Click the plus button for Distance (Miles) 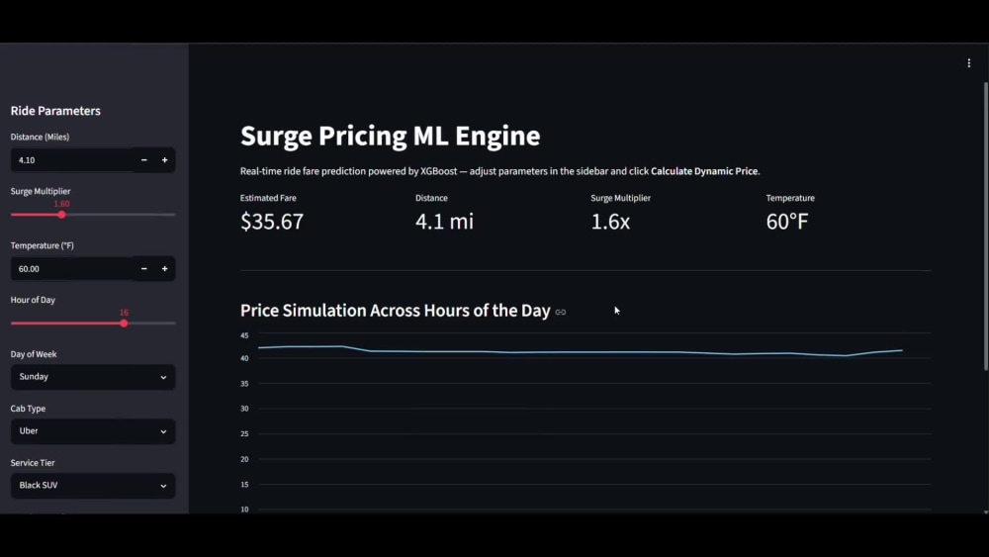coord(164,160)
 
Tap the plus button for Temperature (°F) coord(164,269)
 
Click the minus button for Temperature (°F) coord(143,269)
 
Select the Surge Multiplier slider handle coord(61,215)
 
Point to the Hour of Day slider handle coord(124,323)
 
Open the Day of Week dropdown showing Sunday coord(93,377)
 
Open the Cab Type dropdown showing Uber coord(93,430)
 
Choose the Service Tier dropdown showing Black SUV coord(93,485)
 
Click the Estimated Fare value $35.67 coord(272,222)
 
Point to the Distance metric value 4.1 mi coord(444,222)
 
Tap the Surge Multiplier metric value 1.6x coord(610,222)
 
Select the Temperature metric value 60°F coord(786,222)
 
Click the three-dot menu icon coord(969,63)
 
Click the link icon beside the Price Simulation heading coord(560,312)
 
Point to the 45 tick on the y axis coord(244,335)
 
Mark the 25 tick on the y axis coord(244,434)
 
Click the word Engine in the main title coord(497,137)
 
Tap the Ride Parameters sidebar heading coord(55,111)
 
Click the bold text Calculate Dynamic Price coord(704,171)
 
